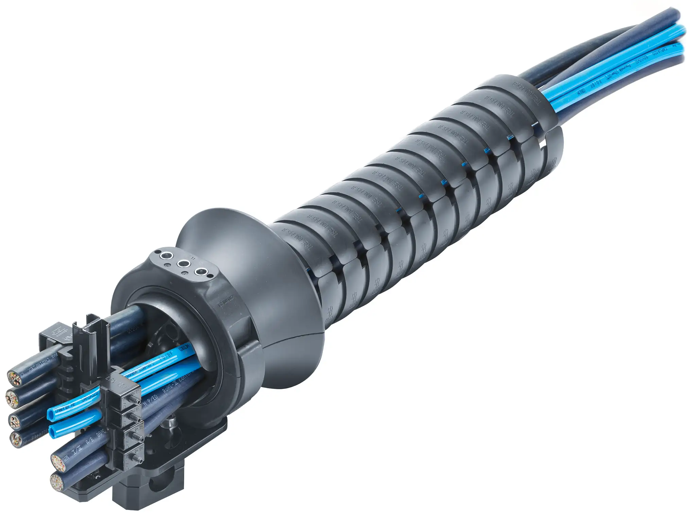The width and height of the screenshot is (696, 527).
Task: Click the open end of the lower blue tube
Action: click(x=53, y=432)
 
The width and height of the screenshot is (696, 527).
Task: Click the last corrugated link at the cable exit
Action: click(x=530, y=102)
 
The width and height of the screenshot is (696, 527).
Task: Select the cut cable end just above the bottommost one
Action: click(x=58, y=462)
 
